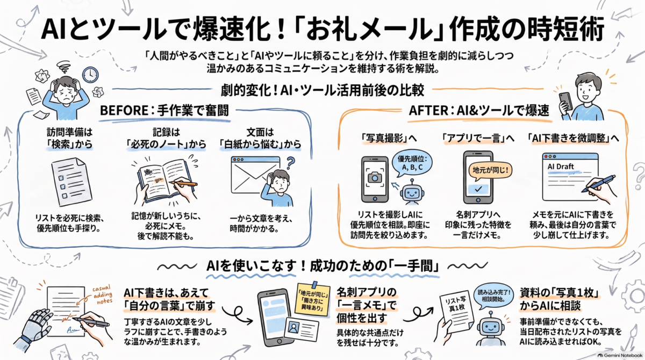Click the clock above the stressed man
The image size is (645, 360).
(90, 75)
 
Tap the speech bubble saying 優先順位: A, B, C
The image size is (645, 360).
(412, 163)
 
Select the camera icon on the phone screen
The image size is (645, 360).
(375, 177)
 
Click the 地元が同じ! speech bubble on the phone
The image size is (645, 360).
(490, 170)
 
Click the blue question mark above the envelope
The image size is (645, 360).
(291, 163)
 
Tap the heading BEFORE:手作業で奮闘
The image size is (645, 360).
(164, 111)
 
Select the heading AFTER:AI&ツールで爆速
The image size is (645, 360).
(479, 111)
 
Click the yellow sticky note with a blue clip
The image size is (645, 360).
(313, 299)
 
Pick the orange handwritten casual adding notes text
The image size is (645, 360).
(103, 294)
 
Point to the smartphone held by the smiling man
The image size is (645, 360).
(566, 101)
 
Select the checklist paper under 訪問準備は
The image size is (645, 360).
(71, 181)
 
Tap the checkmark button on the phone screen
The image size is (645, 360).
(478, 189)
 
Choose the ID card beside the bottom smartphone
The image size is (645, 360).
(302, 329)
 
